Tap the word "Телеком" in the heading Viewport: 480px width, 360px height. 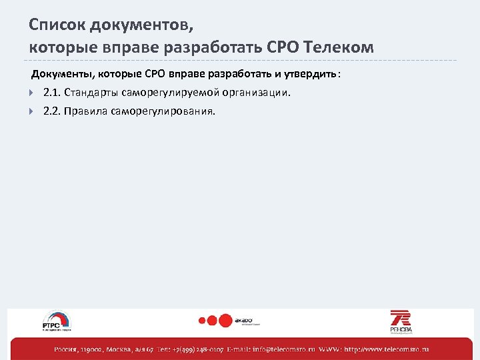(x=339, y=47)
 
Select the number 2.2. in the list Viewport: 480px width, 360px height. (x=51, y=111)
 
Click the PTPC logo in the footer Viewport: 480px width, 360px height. (x=57, y=321)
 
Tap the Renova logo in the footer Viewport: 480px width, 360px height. (x=401, y=321)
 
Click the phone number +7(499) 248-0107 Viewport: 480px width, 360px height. (x=199, y=349)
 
